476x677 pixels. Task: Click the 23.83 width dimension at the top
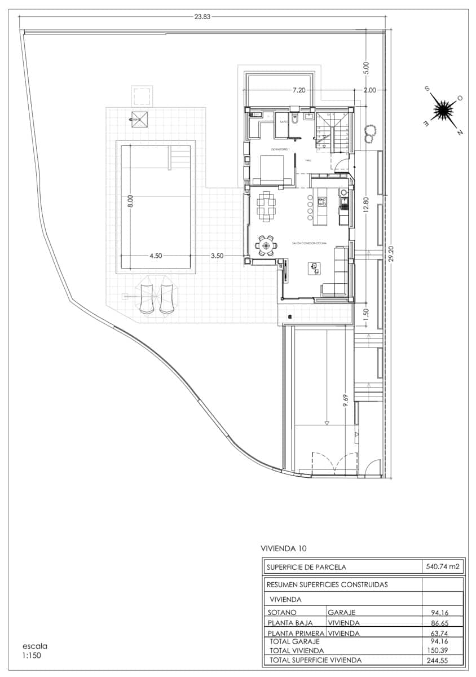tap(202, 16)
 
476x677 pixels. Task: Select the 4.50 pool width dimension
tap(156, 256)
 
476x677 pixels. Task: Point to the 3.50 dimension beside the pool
tap(217, 256)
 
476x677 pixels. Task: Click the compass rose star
tap(444, 109)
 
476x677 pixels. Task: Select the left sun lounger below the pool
tap(147, 298)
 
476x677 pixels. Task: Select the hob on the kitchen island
tap(322, 200)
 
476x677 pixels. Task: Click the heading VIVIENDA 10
tap(284, 548)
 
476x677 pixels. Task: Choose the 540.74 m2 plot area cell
tap(442, 567)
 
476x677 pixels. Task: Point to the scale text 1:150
tap(32, 656)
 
